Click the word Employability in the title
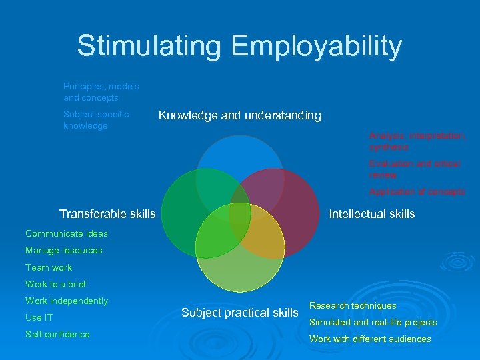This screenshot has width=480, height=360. coord(317,46)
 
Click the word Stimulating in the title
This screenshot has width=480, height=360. coord(149,46)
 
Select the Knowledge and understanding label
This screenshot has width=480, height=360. coord(239,116)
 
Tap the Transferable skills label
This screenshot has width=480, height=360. coord(107,214)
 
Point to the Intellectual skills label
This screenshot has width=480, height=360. coord(372,214)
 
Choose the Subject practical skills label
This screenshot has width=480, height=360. coord(239,313)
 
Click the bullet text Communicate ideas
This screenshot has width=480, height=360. coord(66,233)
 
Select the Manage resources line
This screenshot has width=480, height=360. coord(64,251)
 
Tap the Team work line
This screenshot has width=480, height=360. coord(49,267)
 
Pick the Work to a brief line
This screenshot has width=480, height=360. coord(56,284)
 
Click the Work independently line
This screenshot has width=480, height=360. coord(66,301)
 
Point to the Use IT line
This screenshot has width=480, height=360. coord(39,317)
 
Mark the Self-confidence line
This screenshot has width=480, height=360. coord(57,334)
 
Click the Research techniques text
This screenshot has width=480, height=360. coord(353,305)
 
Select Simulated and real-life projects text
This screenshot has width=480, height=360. coord(373,322)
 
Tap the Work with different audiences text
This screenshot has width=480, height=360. coord(370,339)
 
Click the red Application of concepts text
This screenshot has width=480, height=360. coord(417,191)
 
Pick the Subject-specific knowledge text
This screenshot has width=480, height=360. coord(96,120)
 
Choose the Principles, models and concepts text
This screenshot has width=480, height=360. coord(101,92)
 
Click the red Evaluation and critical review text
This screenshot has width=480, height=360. coord(414,169)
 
